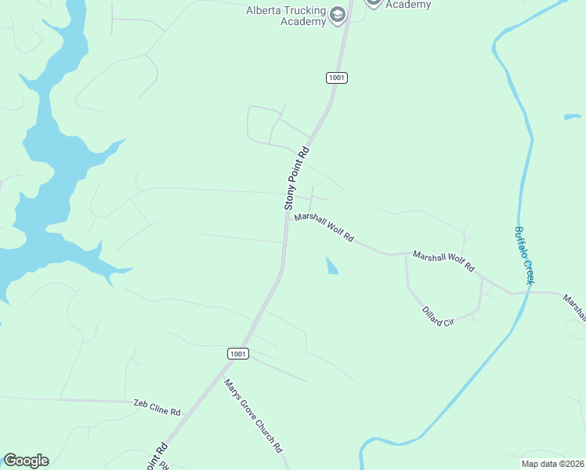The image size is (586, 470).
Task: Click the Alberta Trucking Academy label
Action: [x=285, y=16]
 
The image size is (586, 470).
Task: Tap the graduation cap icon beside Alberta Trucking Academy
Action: [x=338, y=15]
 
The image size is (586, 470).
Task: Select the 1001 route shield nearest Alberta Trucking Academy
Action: [x=337, y=78]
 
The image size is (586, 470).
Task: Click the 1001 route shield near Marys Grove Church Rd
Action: [x=239, y=354]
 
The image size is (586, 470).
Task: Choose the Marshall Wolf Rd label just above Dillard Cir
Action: [x=443, y=261]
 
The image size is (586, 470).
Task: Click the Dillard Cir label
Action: [x=438, y=316]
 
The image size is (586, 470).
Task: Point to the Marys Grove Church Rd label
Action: [x=252, y=416]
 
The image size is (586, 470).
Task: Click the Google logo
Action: [x=26, y=461]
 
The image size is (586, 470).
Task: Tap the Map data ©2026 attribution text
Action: [x=552, y=464]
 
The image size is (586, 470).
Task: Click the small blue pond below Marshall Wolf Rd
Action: [x=331, y=266]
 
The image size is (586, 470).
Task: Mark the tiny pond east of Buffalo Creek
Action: [x=573, y=117]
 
